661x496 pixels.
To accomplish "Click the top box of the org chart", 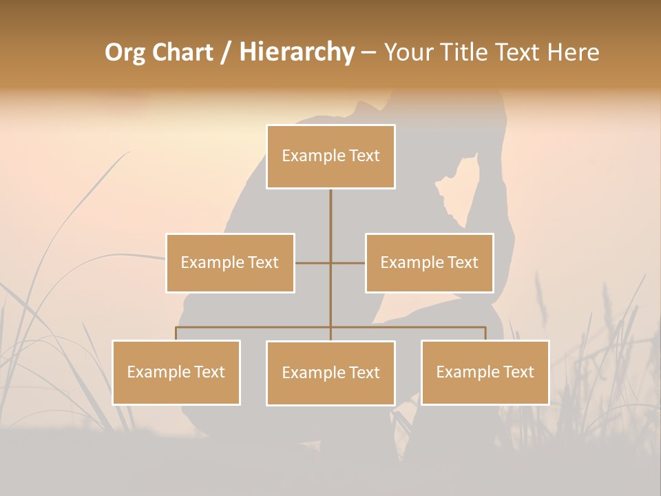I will (330, 156).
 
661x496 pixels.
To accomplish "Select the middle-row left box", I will (230, 263).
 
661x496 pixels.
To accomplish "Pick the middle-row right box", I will (429, 263).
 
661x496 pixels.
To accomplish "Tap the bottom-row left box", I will (176, 373).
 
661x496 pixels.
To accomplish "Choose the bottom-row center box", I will (330, 373).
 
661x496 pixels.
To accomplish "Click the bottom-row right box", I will (485, 373).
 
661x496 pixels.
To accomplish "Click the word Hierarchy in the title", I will (297, 52).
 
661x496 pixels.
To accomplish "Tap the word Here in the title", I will (573, 52).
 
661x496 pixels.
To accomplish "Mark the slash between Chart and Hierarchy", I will (226, 53).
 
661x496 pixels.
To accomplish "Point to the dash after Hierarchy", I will (368, 53).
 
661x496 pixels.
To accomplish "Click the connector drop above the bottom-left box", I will (176, 333).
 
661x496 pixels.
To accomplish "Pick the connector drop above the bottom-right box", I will (485, 333).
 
